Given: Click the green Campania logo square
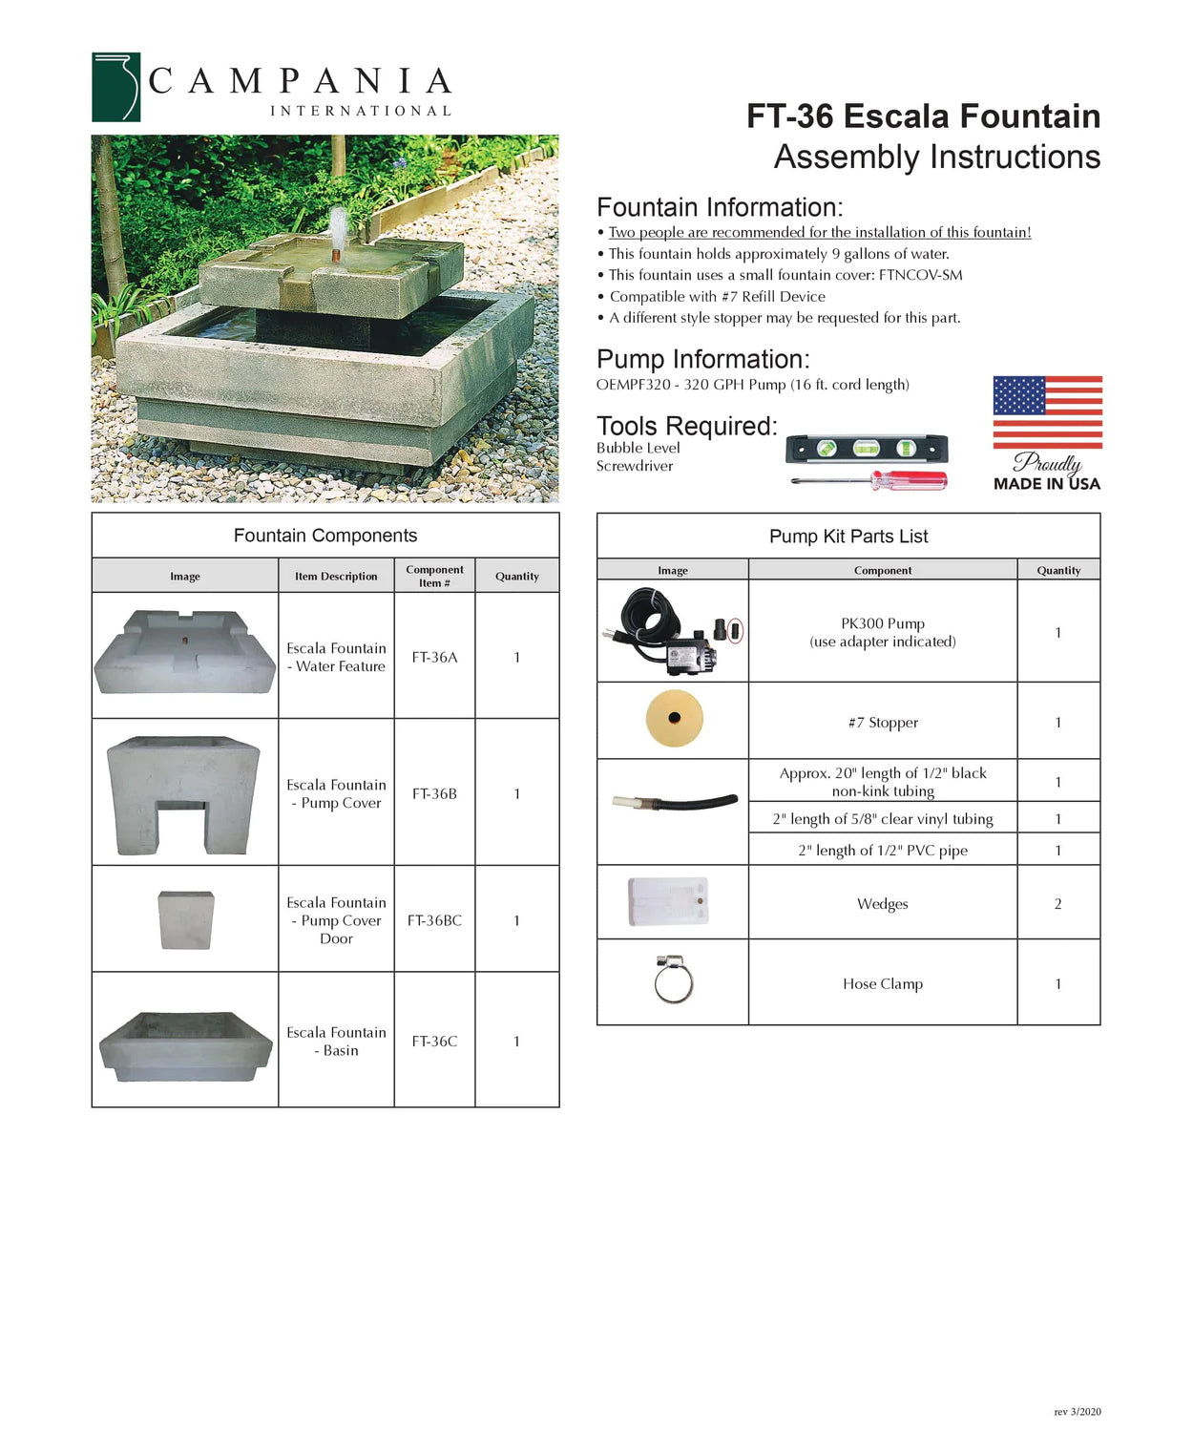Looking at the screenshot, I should pos(115,87).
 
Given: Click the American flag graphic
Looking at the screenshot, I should pos(1047,412).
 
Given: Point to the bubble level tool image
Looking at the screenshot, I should pos(866,448).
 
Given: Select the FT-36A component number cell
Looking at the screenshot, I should pos(434,657).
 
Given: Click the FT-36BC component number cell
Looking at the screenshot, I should pos(434,920).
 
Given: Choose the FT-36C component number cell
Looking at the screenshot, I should pos(434,1041).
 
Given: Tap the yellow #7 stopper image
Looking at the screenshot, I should pos(674,718).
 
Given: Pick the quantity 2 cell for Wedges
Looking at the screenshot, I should pos(1057,903).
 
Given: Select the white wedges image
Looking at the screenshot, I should pos(668,902).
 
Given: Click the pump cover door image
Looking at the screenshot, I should pos(185,920).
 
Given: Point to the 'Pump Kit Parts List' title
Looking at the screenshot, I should pos(848,537).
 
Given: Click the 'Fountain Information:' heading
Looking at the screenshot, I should pos(720,207).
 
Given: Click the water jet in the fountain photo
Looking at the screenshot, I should pos(339,230).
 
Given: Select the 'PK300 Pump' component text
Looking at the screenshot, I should pos(883,623).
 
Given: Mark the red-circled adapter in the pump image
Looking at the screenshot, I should pos(735,631).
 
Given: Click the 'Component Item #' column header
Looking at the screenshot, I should pos(434,576).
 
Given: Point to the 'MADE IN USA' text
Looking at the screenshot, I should pos(1046,484).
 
